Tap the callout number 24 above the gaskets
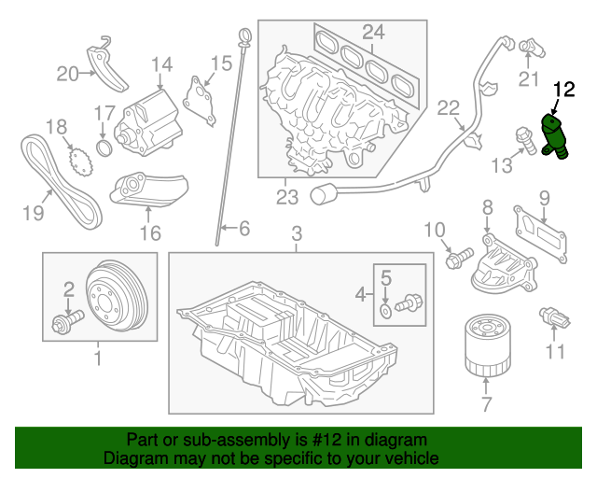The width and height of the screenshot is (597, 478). tap(373, 33)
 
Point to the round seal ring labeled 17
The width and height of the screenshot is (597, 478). tap(104, 149)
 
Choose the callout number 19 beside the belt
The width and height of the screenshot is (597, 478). tap(33, 214)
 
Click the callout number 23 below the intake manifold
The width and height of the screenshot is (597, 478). tap(287, 196)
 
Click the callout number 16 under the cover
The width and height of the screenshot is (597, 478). tap(148, 233)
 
